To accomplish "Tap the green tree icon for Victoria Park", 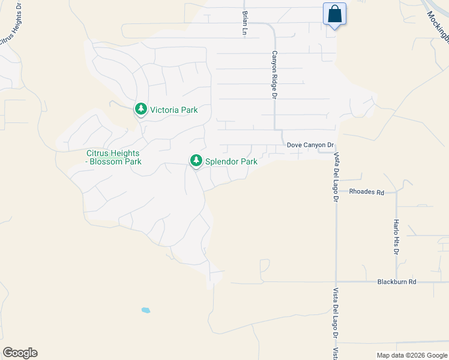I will [140, 109].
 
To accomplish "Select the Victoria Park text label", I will [173, 110].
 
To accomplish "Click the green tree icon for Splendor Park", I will [195, 161].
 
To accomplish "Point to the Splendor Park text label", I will [232, 161].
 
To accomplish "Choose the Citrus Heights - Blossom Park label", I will [114, 157].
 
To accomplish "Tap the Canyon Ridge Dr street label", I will [274, 74].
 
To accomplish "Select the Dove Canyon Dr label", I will [310, 145].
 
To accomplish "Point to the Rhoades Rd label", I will [367, 192].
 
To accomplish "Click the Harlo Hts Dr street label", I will [396, 236].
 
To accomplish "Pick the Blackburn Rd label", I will [397, 281].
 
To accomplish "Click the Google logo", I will [20, 353].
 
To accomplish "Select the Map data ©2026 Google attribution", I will [412, 355].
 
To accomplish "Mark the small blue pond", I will [145, 310].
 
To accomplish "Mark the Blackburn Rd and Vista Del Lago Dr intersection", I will [336, 281].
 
